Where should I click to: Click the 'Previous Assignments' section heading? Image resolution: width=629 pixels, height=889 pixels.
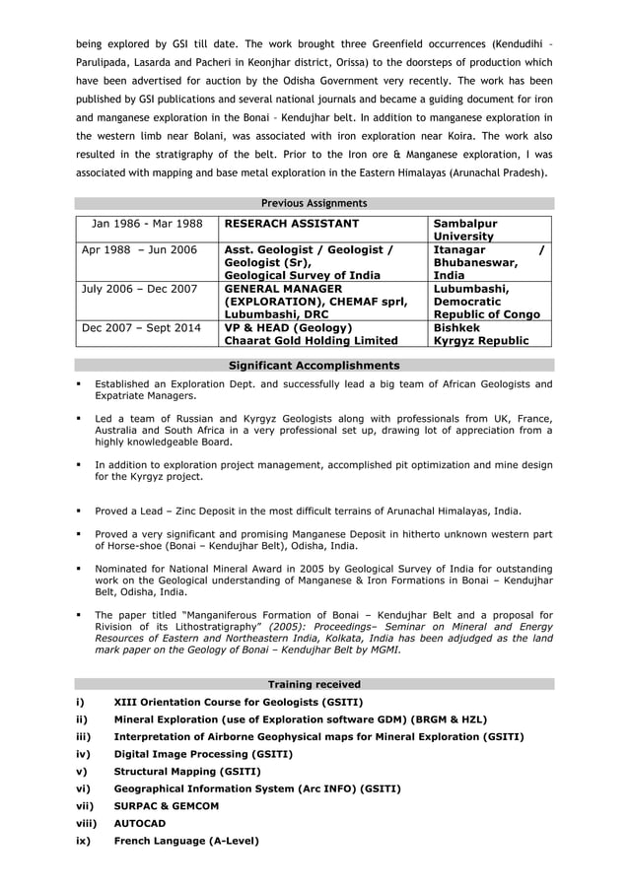tap(314, 203)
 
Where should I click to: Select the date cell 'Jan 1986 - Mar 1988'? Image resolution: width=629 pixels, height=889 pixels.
tap(147, 224)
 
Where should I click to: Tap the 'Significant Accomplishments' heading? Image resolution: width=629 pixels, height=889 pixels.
tap(314, 365)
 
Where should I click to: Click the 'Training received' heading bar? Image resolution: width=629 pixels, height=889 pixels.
tap(314, 684)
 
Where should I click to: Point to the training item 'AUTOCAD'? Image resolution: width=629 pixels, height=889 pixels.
tap(140, 823)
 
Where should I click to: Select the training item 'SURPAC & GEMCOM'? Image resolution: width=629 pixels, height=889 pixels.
tap(167, 805)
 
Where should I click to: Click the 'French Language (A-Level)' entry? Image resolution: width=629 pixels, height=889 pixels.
tap(186, 841)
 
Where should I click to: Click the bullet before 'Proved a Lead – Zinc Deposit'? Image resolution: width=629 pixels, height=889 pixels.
tap(78, 512)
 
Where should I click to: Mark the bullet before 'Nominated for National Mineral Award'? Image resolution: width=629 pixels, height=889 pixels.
tap(78, 569)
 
